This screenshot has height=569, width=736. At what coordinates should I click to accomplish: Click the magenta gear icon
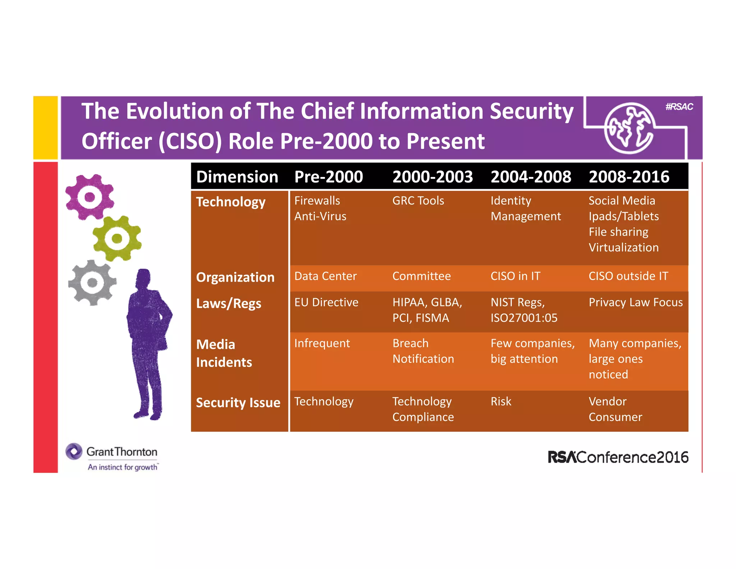pyautogui.click(x=89, y=197)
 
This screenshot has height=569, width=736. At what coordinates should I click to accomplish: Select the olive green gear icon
pyautogui.click(x=117, y=238)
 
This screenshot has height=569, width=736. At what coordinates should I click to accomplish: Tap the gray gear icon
pyautogui.click(x=92, y=283)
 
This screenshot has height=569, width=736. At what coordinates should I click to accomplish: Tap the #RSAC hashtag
pyautogui.click(x=679, y=107)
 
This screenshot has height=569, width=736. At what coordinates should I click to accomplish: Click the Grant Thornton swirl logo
pyautogui.click(x=74, y=451)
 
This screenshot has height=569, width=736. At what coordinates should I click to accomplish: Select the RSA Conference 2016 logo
pyautogui.click(x=618, y=457)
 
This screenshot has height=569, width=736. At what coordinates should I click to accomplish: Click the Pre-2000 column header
pyautogui.click(x=328, y=177)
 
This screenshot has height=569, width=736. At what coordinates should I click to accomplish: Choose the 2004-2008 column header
pyautogui.click(x=531, y=177)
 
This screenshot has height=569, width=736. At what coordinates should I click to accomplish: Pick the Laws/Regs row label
pyautogui.click(x=229, y=304)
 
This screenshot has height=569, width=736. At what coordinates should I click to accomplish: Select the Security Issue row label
pyautogui.click(x=238, y=402)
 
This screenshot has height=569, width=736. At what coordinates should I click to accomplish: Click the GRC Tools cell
pyautogui.click(x=418, y=201)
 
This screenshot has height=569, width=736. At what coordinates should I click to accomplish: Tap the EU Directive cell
pyautogui.click(x=326, y=302)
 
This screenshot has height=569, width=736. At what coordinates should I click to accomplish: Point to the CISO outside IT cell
pyautogui.click(x=628, y=276)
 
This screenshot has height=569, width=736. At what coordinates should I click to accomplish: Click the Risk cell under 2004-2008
pyautogui.click(x=501, y=401)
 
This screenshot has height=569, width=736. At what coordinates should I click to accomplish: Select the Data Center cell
pyautogui.click(x=325, y=276)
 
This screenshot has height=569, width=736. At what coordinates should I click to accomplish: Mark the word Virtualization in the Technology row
pyautogui.click(x=624, y=247)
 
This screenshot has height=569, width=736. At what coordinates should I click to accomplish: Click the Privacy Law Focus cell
pyautogui.click(x=635, y=302)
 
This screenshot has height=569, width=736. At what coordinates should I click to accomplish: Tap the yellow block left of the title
pyautogui.click(x=46, y=128)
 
